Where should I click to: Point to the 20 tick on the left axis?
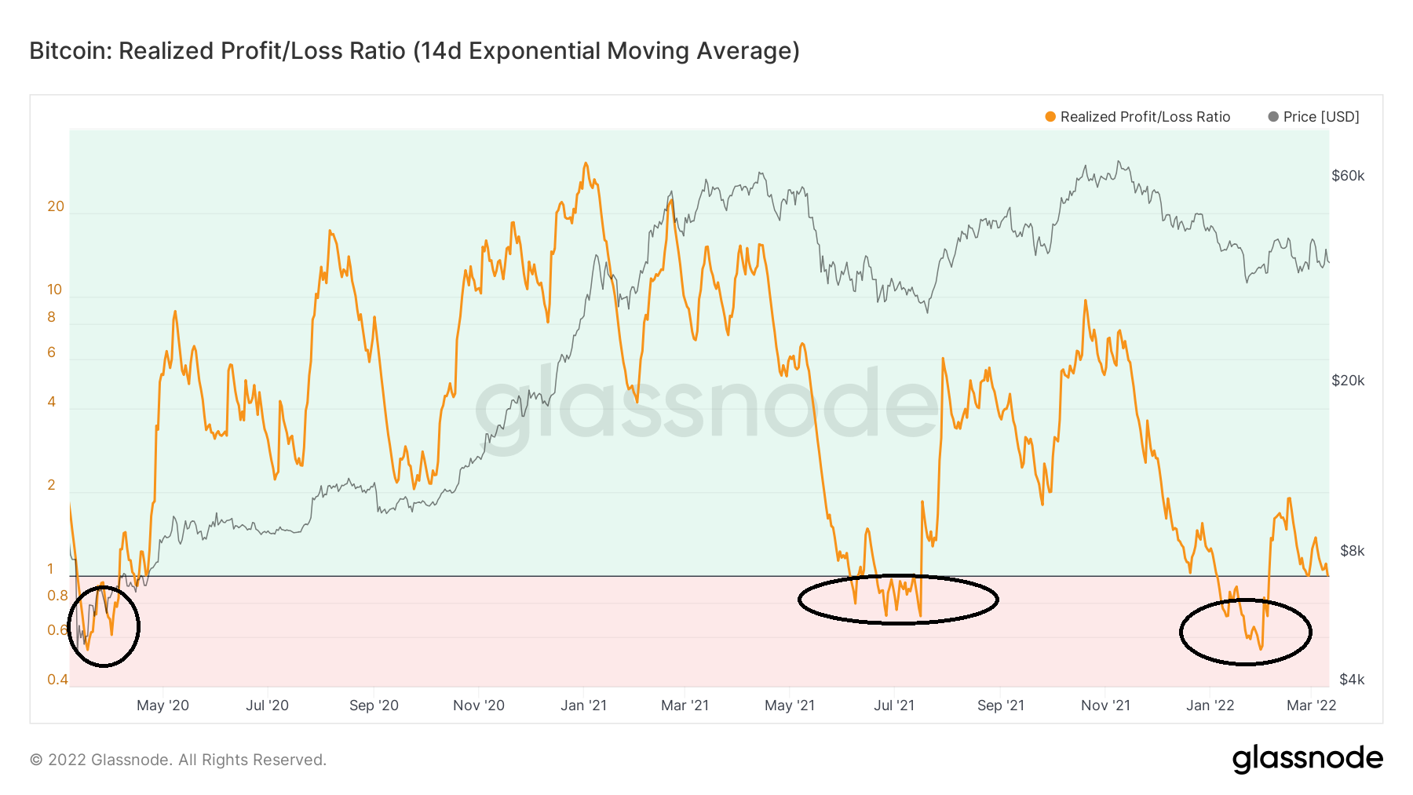pyautogui.click(x=56, y=207)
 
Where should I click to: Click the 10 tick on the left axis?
pyautogui.click(x=54, y=290)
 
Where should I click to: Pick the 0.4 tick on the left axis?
pyautogui.click(x=57, y=680)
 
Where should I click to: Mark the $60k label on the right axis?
pyautogui.click(x=1348, y=176)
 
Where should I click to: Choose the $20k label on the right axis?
pyautogui.click(x=1348, y=381)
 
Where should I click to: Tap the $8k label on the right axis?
pyautogui.click(x=1352, y=551)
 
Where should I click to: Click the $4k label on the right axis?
pyautogui.click(x=1352, y=680)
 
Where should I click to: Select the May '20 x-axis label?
pyautogui.click(x=162, y=706)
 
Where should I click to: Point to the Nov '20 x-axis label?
pyautogui.click(x=479, y=706)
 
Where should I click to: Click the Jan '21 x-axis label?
pyautogui.click(x=584, y=706)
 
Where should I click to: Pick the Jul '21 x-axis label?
pyautogui.click(x=894, y=706)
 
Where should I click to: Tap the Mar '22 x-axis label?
pyautogui.click(x=1311, y=706)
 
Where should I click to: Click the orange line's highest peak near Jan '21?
pyautogui.click(x=586, y=164)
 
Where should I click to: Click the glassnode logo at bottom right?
pyautogui.click(x=1307, y=759)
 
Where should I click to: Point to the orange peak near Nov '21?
pyautogui.click(x=1085, y=301)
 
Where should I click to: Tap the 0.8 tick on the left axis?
pyautogui.click(x=57, y=596)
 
